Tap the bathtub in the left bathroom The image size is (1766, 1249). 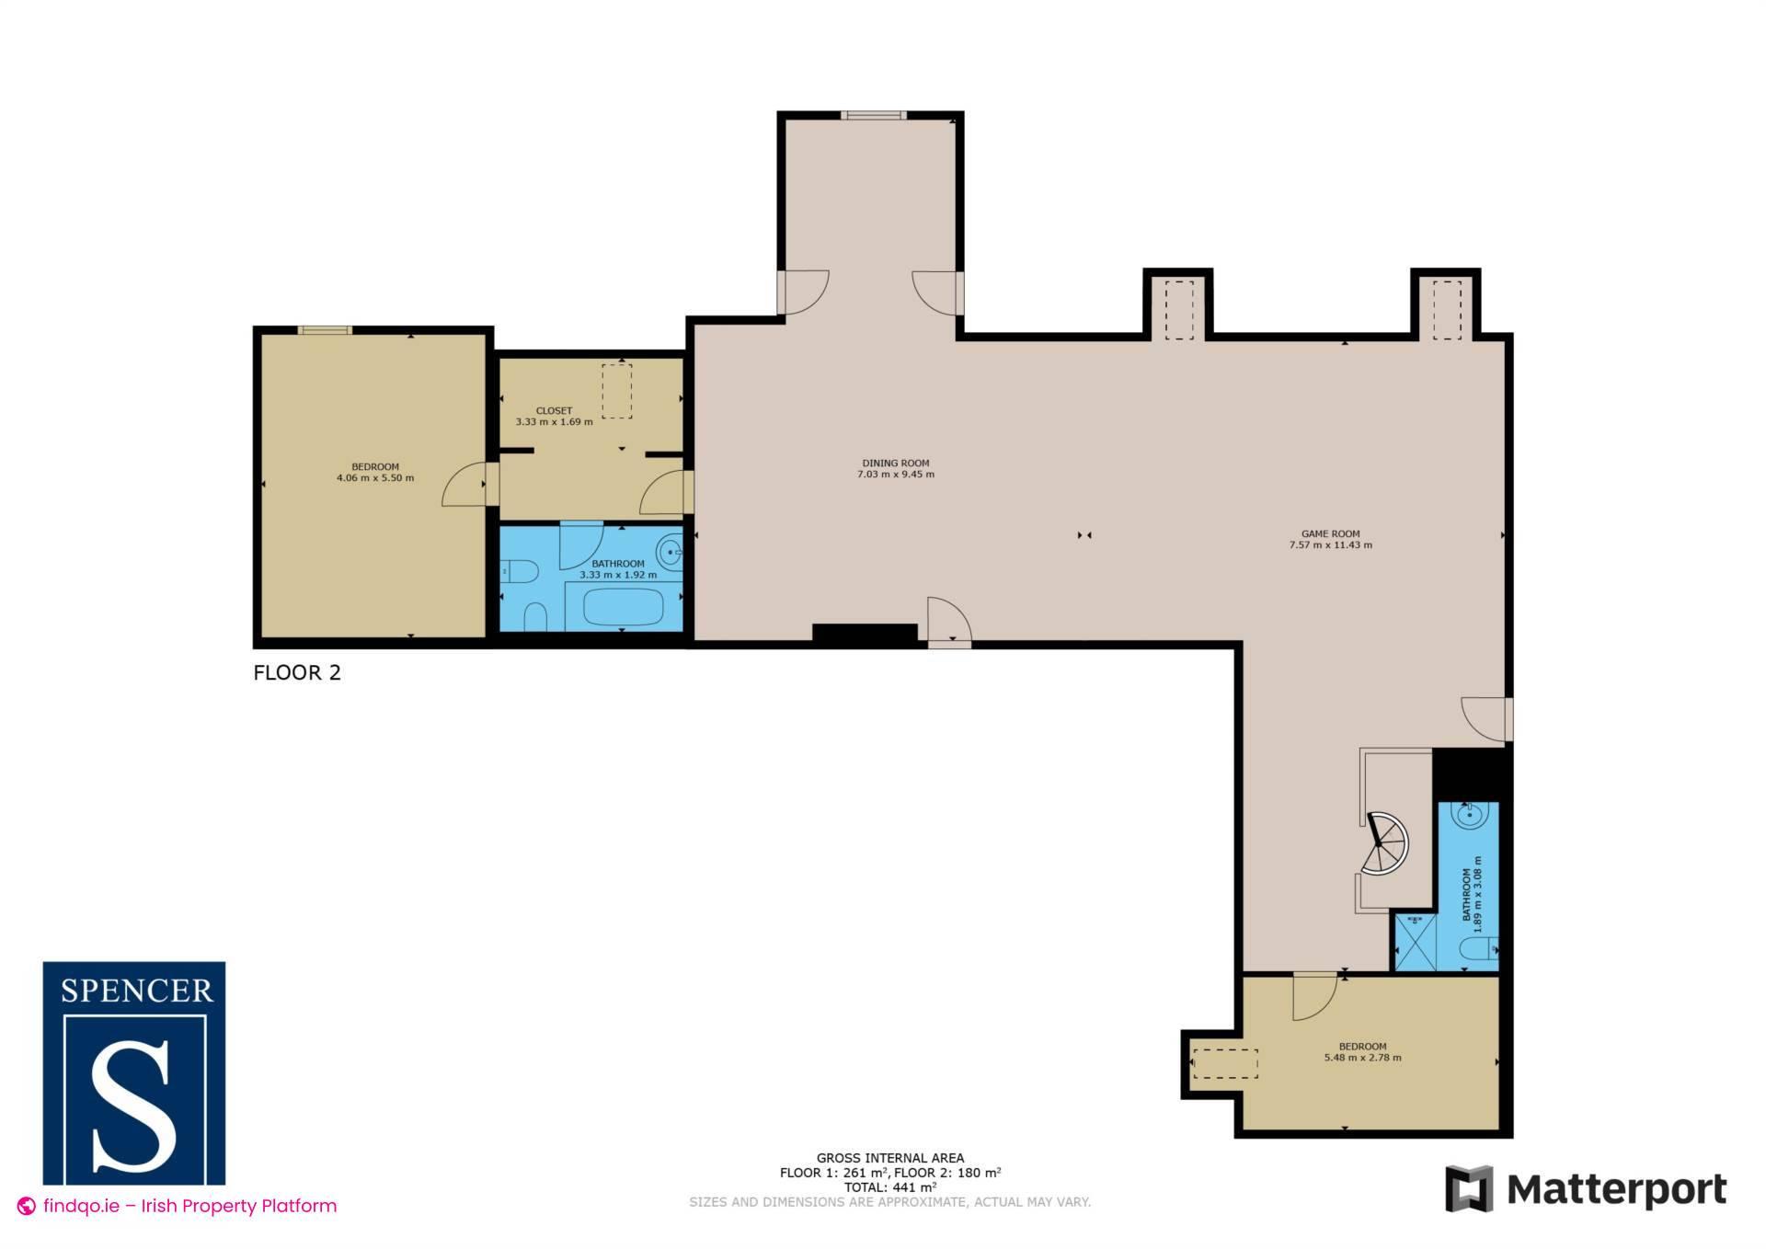tap(624, 607)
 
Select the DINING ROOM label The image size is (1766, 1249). tap(895, 464)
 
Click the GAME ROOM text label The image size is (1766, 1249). tap(1330, 533)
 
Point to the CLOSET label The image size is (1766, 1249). tap(554, 411)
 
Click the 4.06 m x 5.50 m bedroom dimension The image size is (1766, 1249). tap(375, 478)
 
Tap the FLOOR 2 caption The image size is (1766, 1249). tap(297, 672)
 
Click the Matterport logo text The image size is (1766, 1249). tap(1616, 1190)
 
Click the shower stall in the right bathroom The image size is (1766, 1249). tap(1415, 943)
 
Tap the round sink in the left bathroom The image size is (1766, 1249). tap(670, 554)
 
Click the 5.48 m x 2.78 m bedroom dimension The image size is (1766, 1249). tap(1362, 1058)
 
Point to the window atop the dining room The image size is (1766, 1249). tap(872, 116)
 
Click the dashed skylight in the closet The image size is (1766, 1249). tap(617, 392)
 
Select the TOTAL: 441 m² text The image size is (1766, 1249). tap(889, 1187)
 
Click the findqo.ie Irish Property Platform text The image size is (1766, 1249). tap(189, 1206)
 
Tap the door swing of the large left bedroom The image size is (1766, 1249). tap(464, 485)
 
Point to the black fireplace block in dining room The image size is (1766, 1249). tap(865, 633)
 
